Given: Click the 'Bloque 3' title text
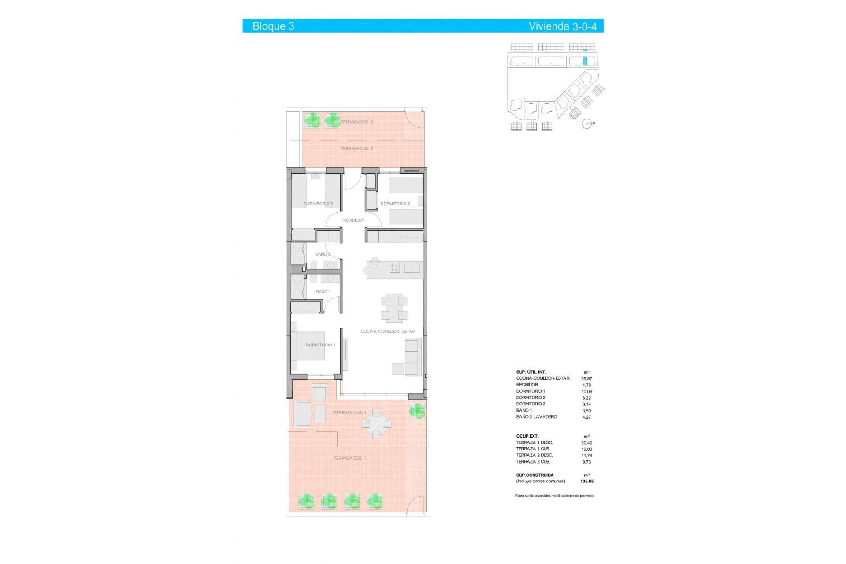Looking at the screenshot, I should (273, 26).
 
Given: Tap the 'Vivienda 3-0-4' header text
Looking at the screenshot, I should (562, 26).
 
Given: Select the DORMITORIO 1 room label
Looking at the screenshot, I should (320, 345).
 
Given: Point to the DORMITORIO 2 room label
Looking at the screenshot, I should (318, 204).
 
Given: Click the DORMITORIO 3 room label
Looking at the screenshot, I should (395, 204).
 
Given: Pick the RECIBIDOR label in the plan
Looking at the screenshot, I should (353, 220).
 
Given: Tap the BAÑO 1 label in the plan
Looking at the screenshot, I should (323, 292).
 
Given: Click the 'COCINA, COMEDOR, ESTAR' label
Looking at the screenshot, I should (387, 331).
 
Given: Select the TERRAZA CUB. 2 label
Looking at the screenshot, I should (356, 149).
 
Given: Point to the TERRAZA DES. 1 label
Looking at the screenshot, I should (349, 458).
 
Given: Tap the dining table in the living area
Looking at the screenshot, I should (394, 308).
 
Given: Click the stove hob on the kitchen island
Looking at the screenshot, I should (394, 267).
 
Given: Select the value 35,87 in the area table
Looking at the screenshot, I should (586, 378).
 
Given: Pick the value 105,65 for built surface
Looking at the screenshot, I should (586, 482).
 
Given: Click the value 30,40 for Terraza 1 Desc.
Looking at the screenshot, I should (586, 443).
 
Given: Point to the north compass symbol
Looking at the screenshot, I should (587, 124).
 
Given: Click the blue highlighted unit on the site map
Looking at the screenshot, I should (585, 61).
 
